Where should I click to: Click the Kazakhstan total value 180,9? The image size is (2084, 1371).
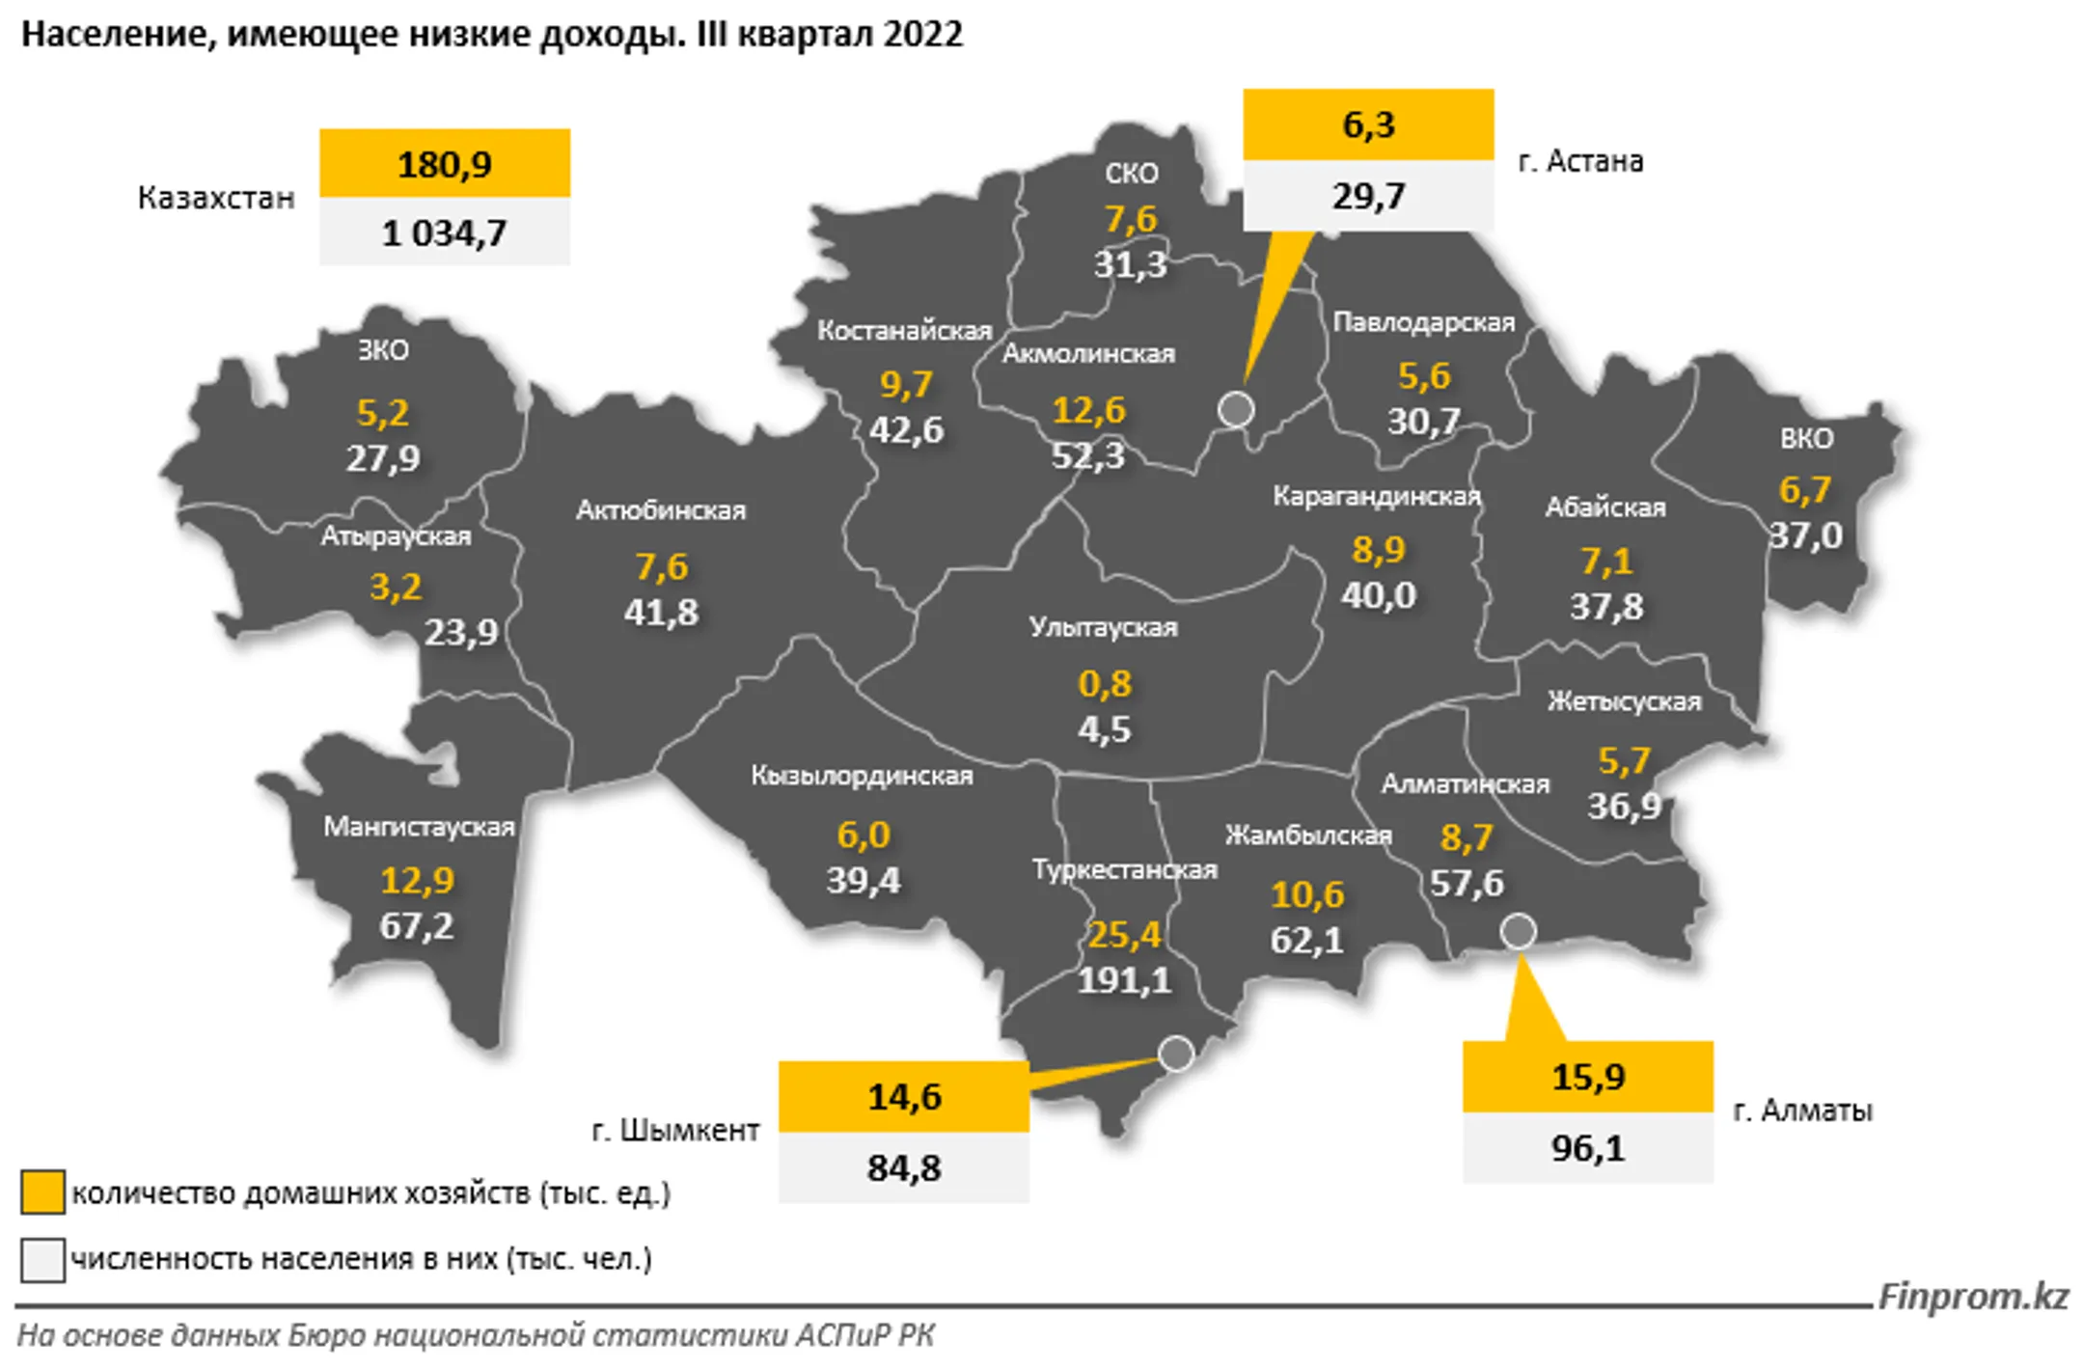pos(445,164)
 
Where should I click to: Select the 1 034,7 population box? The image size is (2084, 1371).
pos(445,233)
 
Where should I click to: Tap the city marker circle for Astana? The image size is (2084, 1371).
pos(1236,409)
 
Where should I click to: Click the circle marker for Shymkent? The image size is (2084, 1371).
pos(1176,1054)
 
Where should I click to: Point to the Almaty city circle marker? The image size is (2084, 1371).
pos(1518,931)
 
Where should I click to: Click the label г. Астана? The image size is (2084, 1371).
pos(1580,161)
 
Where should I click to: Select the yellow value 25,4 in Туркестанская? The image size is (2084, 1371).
pos(1124,934)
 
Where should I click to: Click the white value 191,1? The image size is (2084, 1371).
pos(1124,980)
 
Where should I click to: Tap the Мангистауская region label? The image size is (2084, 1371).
pos(419,827)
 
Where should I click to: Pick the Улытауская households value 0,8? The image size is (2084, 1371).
pos(1104,684)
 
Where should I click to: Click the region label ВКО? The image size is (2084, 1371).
pos(1806,439)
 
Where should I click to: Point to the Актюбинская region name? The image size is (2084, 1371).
pos(661,510)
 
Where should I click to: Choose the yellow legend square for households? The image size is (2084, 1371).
pos(42,1192)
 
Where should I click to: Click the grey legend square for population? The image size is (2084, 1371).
pos(42,1260)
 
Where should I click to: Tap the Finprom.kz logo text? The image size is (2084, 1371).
pos(1973,1296)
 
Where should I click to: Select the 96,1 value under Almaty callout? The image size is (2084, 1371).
pos(1588,1148)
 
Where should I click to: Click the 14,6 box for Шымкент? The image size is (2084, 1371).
pos(904,1097)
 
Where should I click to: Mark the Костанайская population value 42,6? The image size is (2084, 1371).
pos(906,430)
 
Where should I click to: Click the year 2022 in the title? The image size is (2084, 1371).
pos(922,35)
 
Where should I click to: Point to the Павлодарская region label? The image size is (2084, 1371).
pos(1423,322)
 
